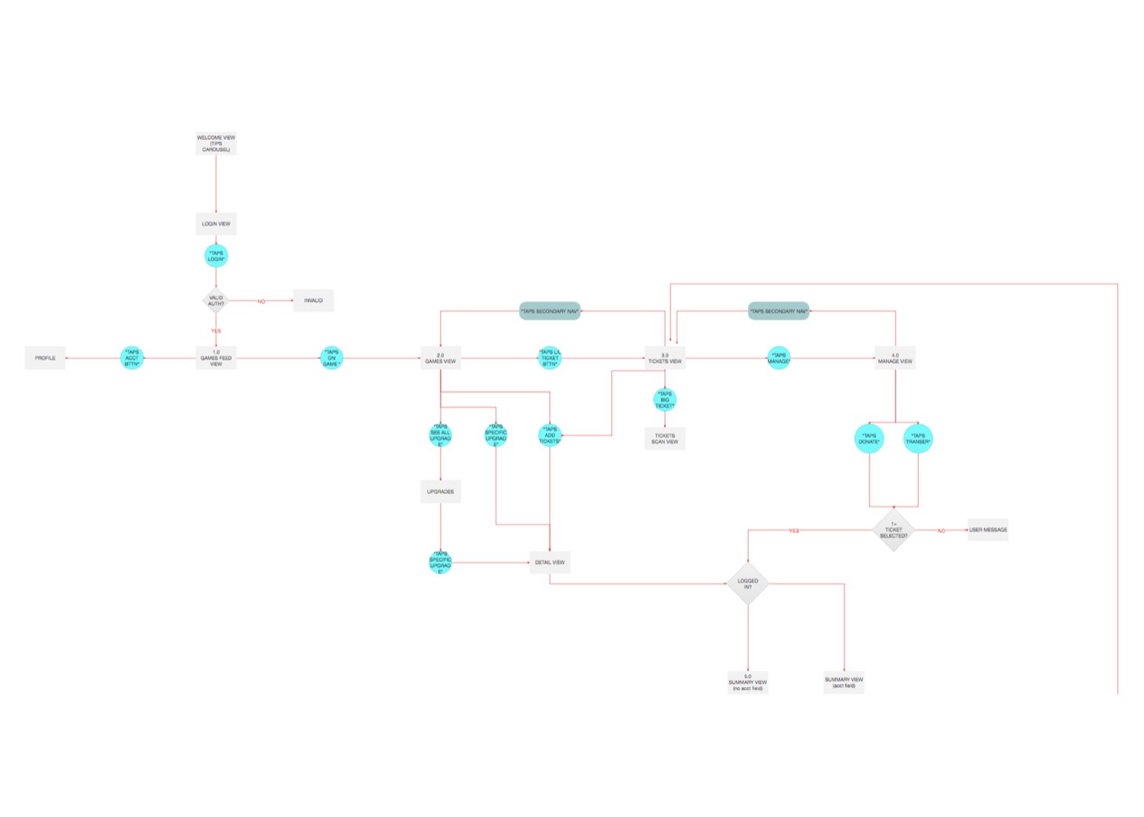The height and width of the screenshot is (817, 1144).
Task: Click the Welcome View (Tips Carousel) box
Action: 216,143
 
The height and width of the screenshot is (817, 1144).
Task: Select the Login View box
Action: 216,223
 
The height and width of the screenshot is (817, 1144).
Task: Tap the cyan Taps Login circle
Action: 216,256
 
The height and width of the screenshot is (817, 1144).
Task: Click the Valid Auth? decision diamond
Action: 215,300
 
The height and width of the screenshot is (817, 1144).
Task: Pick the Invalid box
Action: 313,300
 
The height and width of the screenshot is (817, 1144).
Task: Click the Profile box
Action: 45,358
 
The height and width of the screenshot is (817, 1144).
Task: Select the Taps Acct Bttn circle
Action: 132,358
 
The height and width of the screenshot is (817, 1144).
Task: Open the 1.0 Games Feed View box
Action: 216,358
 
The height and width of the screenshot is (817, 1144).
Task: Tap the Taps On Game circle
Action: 332,358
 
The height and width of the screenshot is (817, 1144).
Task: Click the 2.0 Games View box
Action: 440,358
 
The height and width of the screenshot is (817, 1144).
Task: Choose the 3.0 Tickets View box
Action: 664,358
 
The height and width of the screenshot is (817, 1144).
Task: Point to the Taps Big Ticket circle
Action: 664,400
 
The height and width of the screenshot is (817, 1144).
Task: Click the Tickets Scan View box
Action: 664,438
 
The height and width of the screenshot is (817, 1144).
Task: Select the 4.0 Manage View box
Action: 895,358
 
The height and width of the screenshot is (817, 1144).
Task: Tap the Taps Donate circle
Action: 869,438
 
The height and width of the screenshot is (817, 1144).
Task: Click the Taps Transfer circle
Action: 917,438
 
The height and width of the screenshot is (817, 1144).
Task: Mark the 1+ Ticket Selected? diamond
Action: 893,530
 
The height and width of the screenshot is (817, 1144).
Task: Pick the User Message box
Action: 987,530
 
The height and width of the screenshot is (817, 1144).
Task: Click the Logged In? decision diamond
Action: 747,583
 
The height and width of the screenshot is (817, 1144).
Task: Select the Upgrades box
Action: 440,492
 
